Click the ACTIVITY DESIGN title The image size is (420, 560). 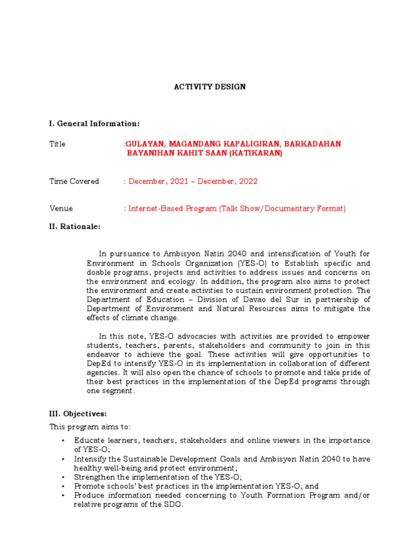209,87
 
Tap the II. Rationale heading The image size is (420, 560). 75,226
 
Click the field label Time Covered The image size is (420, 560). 74,181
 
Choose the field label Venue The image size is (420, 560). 61,208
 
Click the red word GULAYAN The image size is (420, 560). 144,144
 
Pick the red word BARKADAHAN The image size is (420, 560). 314,144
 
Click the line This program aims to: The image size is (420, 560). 90,427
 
